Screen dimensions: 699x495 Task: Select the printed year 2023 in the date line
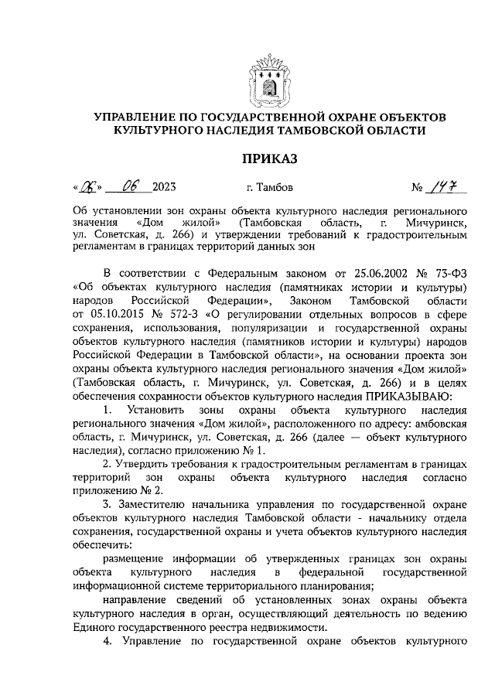coord(165,187)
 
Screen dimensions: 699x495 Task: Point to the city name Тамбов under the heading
coord(275,187)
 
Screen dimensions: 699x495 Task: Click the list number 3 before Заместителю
coord(107,503)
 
